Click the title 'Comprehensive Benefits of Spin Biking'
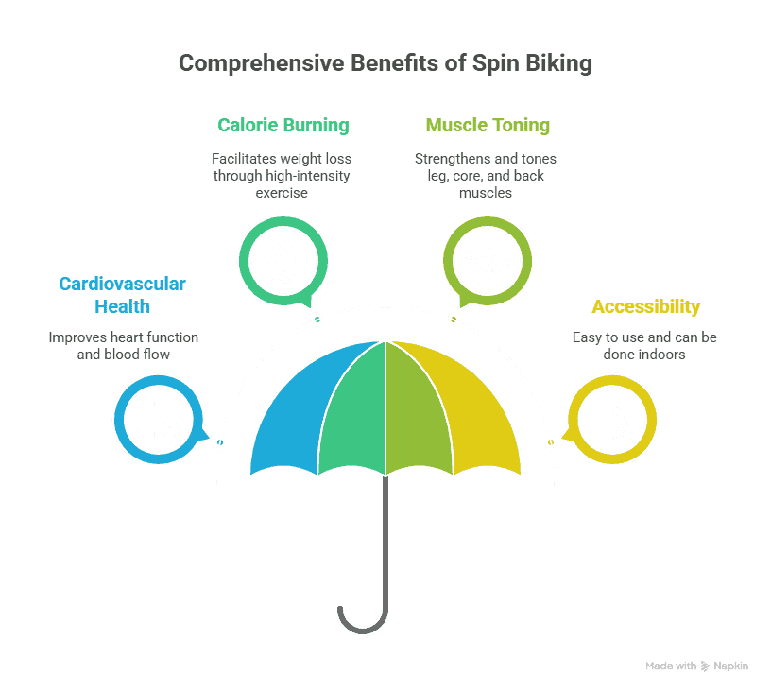[x=385, y=63]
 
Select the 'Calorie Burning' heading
[x=283, y=126]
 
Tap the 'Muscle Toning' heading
[x=488, y=126]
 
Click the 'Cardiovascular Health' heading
[x=123, y=295]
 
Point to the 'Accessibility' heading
[x=645, y=306]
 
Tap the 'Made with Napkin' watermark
[x=696, y=666]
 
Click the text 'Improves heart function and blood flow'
[x=124, y=346]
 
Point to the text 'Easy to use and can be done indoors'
[x=644, y=346]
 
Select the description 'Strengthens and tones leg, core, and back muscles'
[x=486, y=176]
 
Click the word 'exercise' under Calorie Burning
[x=282, y=193]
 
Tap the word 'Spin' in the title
[x=496, y=64]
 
